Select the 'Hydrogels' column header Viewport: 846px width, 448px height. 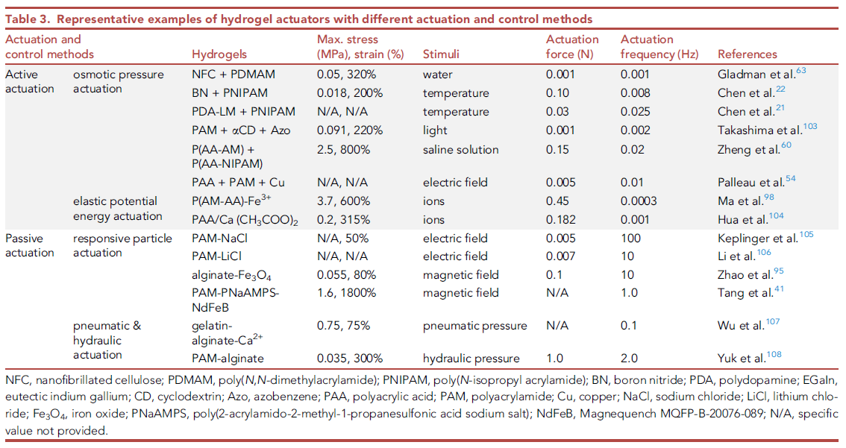coord(219,54)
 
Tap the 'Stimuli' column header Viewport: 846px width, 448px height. coord(441,54)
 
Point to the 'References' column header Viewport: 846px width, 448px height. coord(747,54)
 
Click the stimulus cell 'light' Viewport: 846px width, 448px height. coord(434,130)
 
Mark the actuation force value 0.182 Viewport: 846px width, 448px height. coord(561,220)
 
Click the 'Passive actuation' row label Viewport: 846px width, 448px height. coord(30,245)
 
